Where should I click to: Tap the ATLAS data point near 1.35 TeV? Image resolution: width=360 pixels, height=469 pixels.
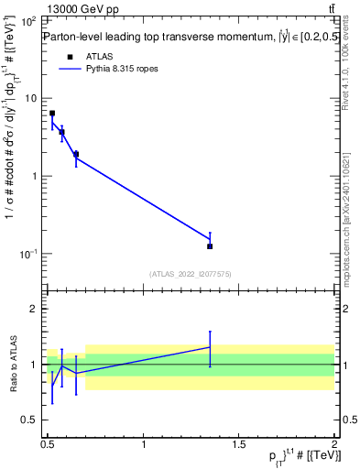click(x=211, y=245)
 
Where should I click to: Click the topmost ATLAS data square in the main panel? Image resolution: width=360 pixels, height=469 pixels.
click(x=52, y=114)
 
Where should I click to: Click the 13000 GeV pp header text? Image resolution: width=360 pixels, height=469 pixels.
click(x=82, y=8)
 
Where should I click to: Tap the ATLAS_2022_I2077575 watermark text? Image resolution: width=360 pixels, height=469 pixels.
click(x=191, y=273)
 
